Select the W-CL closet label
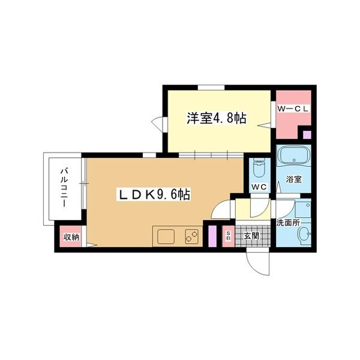click(x=293, y=109)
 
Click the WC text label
click(x=259, y=187)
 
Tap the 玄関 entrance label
click(x=251, y=236)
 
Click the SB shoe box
click(x=228, y=236)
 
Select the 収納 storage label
click(x=71, y=237)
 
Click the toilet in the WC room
click(x=259, y=167)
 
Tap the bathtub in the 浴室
click(x=293, y=158)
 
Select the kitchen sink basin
click(x=166, y=237)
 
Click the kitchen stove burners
click(x=193, y=237)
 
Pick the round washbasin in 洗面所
click(x=303, y=234)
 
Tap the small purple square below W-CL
click(x=307, y=134)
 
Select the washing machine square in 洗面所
click(x=302, y=210)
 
